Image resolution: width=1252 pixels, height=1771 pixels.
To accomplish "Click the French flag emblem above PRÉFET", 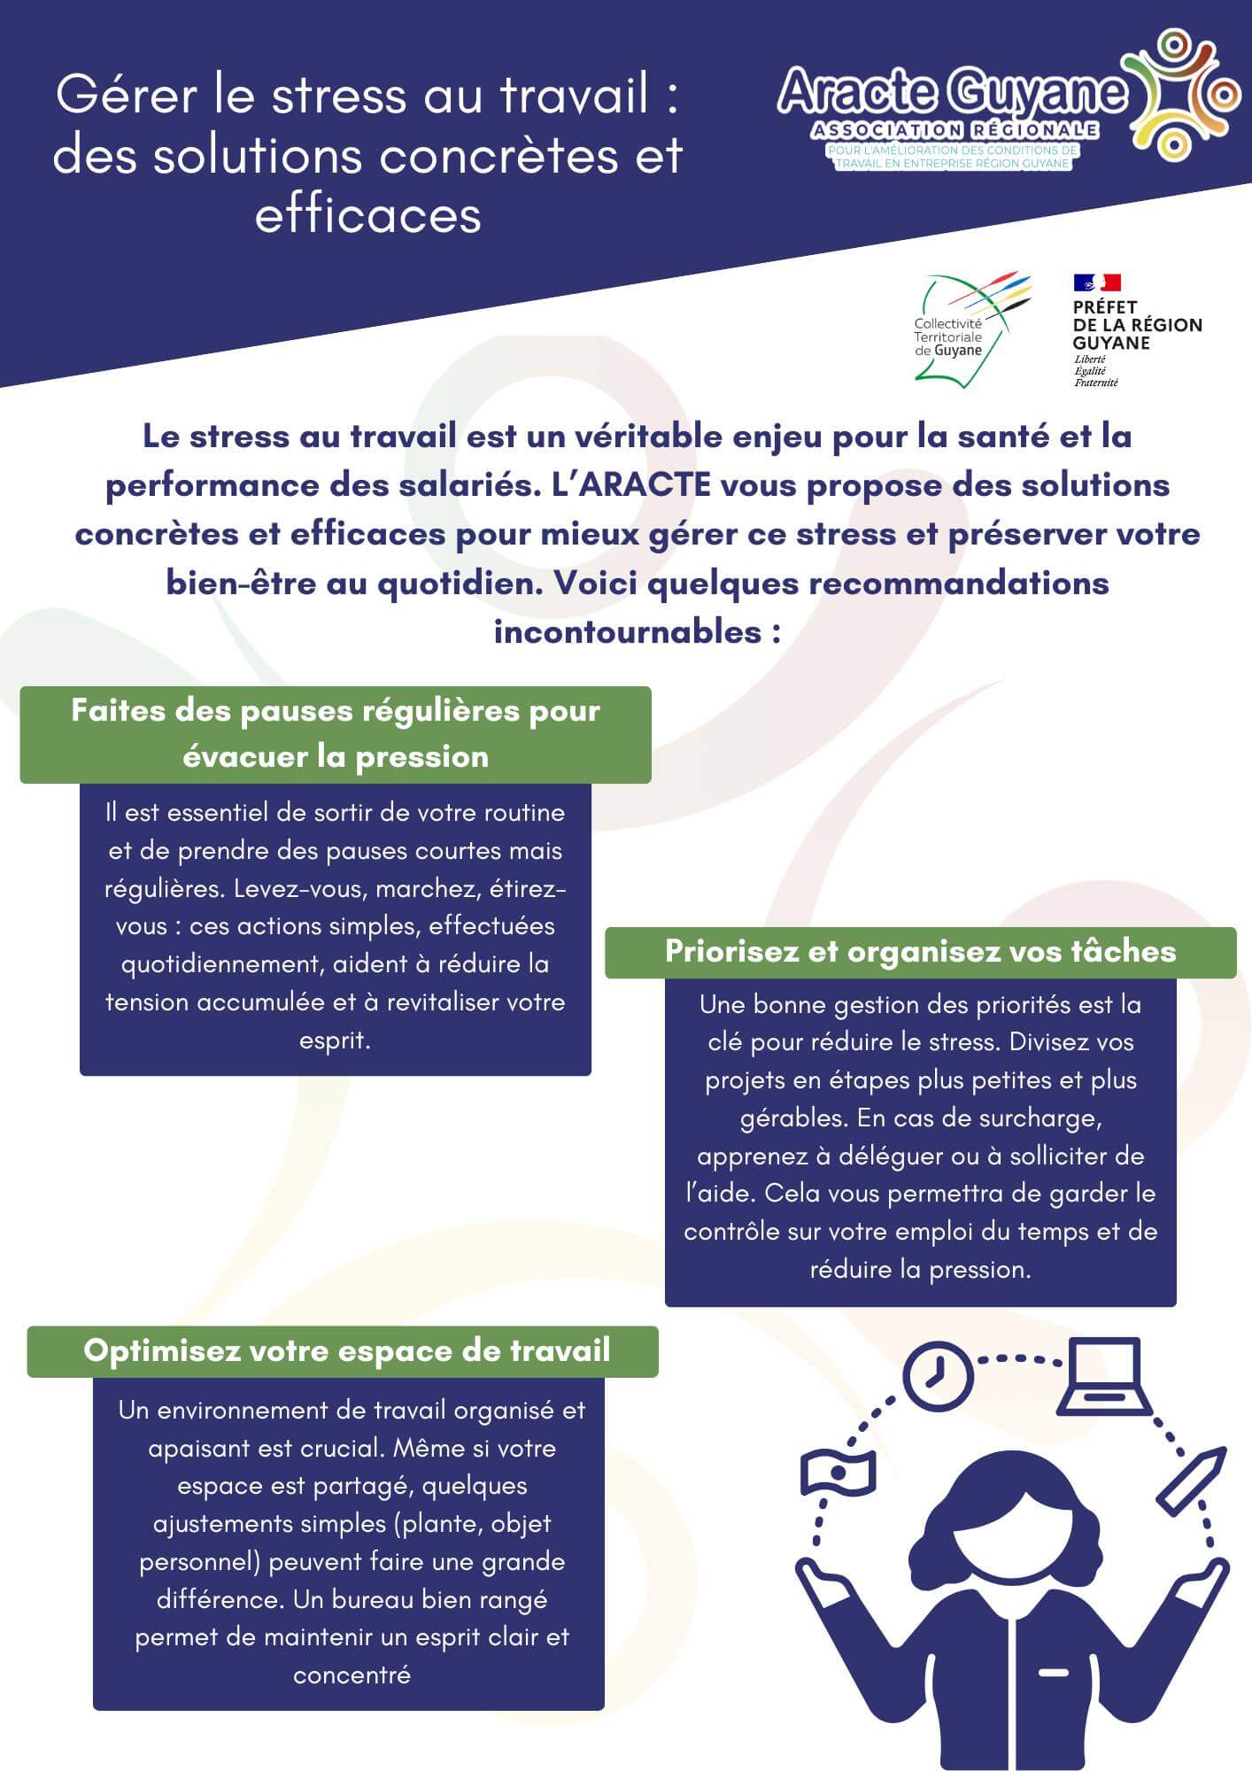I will (1097, 282).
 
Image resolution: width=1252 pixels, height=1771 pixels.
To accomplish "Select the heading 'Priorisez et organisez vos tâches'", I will (920, 951).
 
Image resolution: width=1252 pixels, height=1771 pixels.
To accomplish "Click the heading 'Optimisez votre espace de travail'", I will (346, 1350).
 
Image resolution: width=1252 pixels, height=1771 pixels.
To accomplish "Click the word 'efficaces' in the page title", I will (367, 214).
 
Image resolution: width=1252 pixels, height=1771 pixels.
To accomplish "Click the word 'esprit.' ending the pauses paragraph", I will (335, 1040).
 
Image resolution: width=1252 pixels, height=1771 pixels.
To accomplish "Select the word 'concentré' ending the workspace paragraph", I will (352, 1675).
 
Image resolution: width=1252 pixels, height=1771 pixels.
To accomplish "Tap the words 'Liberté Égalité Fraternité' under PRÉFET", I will (1096, 372).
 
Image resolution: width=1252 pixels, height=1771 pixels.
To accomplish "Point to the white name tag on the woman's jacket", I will (1053, 1673).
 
